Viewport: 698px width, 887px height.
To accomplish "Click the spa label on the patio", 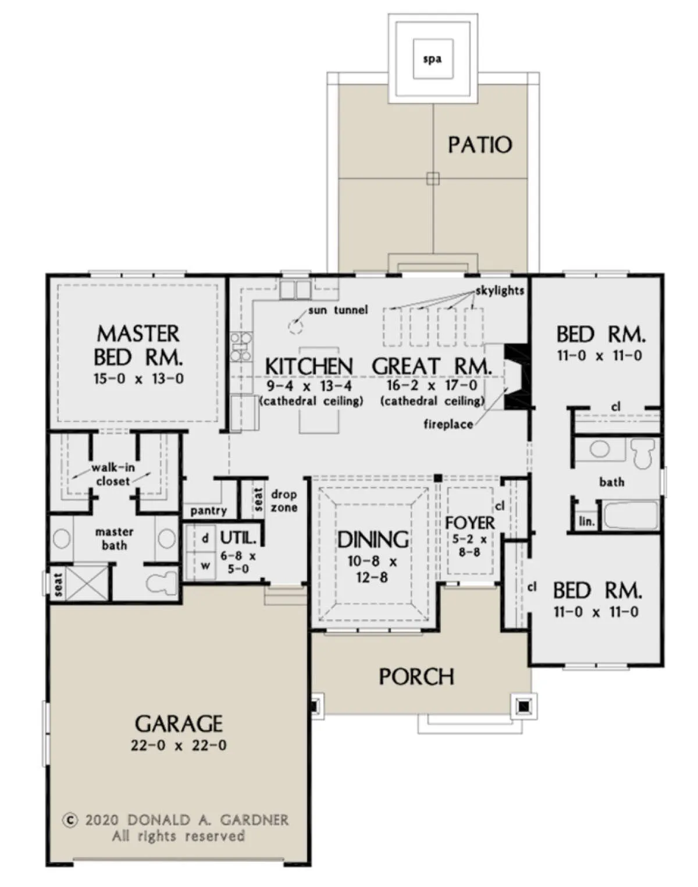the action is click(x=432, y=59).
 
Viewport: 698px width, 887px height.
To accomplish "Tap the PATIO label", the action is click(x=480, y=145).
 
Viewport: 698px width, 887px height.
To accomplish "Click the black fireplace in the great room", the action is click(x=518, y=376).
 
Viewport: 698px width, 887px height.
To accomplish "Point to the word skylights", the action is click(x=500, y=290).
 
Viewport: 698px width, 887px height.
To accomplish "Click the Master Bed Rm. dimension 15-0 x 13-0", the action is click(x=139, y=378).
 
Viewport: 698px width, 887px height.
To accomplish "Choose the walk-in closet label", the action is click(x=113, y=474).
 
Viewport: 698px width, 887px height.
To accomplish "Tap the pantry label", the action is click(x=208, y=511).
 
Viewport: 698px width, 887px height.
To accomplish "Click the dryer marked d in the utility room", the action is click(x=205, y=539).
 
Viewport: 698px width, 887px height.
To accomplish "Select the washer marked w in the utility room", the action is click(x=205, y=566).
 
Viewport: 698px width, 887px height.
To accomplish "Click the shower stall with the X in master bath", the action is click(x=87, y=583).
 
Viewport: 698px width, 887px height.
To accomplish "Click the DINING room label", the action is click(x=373, y=540).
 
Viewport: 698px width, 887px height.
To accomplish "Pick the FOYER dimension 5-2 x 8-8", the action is click(x=469, y=545).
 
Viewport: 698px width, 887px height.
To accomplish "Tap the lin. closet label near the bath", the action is click(x=587, y=522).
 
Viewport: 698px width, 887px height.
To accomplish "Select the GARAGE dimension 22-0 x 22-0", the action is click(x=179, y=745).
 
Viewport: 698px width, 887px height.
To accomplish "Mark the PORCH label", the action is click(x=416, y=677).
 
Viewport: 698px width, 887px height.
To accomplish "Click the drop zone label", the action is click(x=283, y=501).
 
